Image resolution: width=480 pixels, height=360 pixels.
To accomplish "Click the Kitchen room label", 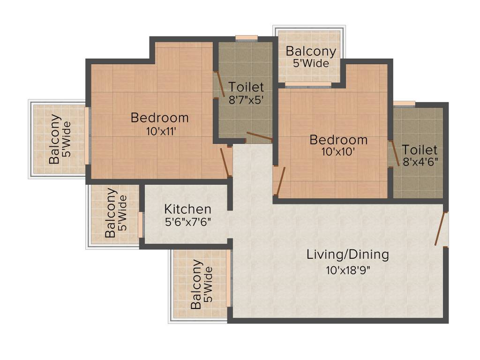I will [187, 209].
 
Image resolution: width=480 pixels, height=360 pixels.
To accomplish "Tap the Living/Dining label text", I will [347, 255].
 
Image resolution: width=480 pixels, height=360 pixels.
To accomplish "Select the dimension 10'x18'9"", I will [347, 270].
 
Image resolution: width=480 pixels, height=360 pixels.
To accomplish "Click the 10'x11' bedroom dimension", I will [160, 132].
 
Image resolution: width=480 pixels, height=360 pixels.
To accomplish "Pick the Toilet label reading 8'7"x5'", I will [246, 87].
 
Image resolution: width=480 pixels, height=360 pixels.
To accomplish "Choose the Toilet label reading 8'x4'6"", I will [420, 150].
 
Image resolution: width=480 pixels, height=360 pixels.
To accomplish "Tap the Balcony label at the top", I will [311, 52].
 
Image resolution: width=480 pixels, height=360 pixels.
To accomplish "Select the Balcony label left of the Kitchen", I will [111, 213].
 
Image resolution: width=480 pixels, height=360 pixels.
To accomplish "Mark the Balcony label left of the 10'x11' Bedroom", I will [55, 139].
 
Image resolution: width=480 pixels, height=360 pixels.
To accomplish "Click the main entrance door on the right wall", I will [441, 229].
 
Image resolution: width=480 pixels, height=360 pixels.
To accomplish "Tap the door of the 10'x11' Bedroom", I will [225, 162].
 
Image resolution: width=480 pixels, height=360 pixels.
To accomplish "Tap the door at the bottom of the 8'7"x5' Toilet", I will [260, 137].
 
